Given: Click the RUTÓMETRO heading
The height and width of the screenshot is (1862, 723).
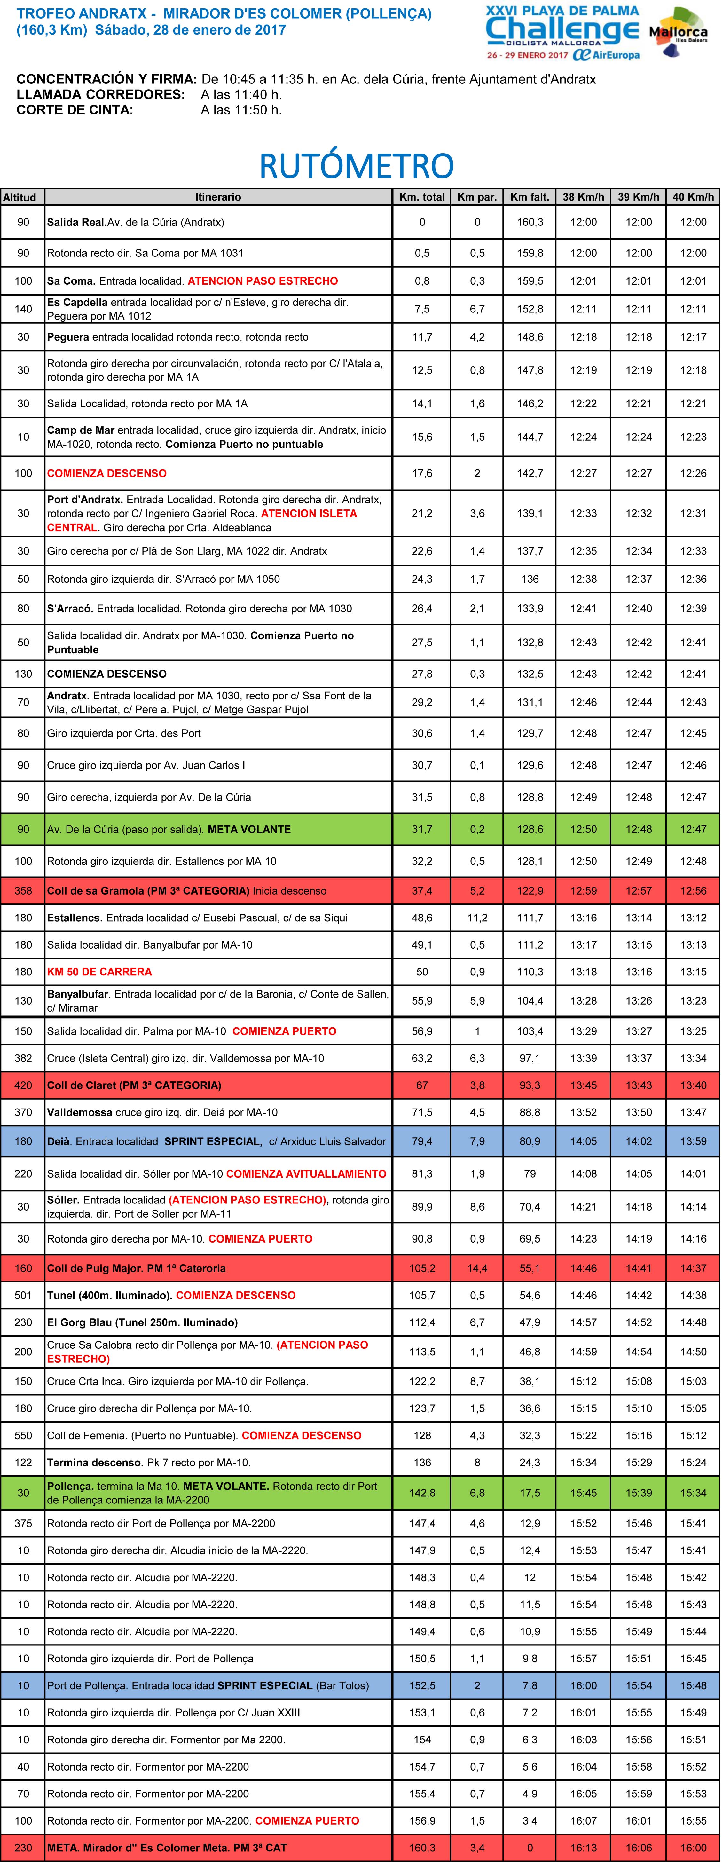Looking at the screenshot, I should [x=357, y=166].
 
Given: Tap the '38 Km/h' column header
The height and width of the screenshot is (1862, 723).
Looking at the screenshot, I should [x=584, y=197].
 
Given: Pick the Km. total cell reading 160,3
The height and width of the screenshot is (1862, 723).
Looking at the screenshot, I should [x=422, y=1848].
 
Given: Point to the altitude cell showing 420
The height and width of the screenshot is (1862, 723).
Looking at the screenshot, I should [x=23, y=1085].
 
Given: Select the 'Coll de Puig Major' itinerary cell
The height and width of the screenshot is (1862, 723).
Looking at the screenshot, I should [x=136, y=1268].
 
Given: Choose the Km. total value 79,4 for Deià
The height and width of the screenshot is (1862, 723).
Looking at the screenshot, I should [x=422, y=1141].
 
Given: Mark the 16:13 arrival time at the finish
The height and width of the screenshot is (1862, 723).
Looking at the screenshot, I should [x=584, y=1848].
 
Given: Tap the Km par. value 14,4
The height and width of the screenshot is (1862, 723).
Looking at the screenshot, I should [x=477, y=1268].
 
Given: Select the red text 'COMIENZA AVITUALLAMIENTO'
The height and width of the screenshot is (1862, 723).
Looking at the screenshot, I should [x=306, y=1174].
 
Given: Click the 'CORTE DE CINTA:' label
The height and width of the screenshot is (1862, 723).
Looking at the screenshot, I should [x=75, y=110].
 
